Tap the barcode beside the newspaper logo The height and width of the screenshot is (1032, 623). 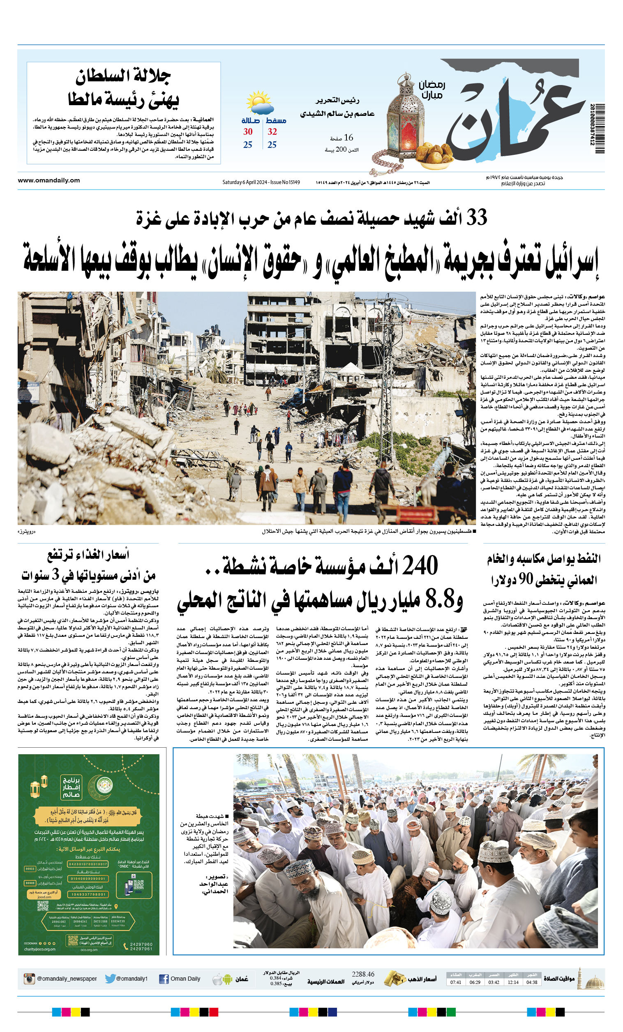(x=600, y=129)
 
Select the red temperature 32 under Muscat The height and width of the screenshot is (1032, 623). (x=272, y=132)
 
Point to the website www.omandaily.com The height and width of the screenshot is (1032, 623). (x=48, y=180)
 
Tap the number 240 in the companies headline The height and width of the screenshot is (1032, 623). (x=420, y=565)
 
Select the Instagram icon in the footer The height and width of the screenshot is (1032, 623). (x=29, y=979)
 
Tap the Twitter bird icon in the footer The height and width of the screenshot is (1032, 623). (x=110, y=979)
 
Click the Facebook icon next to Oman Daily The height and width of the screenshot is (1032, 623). (x=164, y=979)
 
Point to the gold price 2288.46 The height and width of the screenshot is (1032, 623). (x=363, y=974)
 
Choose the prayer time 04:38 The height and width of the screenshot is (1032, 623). (x=532, y=982)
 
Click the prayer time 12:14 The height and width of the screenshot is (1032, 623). (x=513, y=982)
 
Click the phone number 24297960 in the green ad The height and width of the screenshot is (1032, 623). (x=141, y=944)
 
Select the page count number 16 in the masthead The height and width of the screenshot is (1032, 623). (x=348, y=138)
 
